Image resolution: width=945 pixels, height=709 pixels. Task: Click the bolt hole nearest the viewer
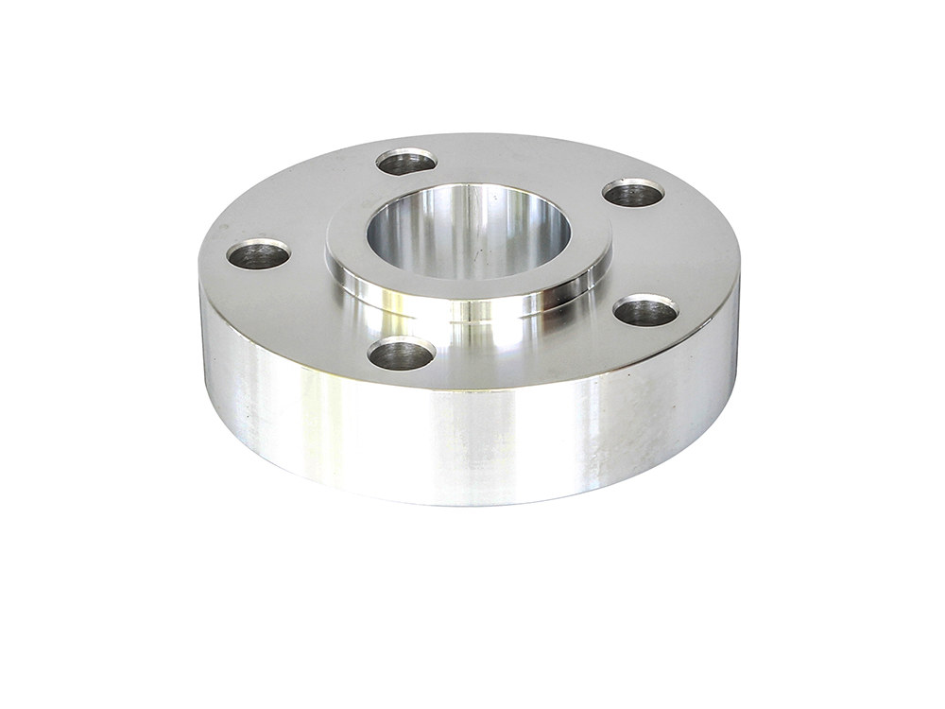401,354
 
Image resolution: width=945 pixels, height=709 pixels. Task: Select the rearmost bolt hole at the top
405,162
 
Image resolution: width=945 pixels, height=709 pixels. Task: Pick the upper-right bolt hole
633,194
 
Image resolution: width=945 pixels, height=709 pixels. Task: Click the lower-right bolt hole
645,310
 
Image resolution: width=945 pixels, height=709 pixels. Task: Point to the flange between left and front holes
302,312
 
